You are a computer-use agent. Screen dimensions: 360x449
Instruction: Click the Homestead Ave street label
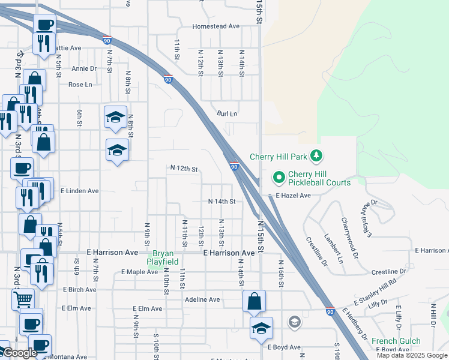tap(216, 26)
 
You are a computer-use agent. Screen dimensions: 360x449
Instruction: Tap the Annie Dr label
tap(84, 68)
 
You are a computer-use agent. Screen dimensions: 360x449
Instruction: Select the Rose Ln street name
tap(80, 85)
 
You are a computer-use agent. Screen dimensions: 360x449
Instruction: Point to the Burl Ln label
tap(228, 113)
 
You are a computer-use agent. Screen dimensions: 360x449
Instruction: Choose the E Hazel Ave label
tap(293, 196)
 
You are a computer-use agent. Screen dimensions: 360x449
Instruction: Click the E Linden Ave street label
tap(80, 191)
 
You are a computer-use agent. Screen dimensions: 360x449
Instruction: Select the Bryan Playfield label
tap(163, 257)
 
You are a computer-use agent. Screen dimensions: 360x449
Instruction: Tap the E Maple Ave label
tap(139, 272)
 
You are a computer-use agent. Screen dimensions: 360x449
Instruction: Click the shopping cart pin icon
tap(23, 298)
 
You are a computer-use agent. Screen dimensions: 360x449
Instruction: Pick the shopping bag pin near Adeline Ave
tap(254, 300)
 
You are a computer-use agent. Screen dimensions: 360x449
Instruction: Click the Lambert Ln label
tap(333, 248)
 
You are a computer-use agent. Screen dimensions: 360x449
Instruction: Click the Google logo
tap(20, 353)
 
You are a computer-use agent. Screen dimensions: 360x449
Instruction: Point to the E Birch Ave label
tap(79, 289)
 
